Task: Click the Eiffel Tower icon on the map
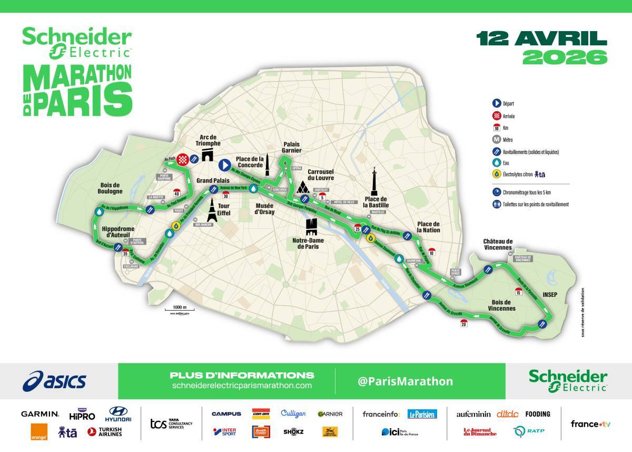(x=212, y=210)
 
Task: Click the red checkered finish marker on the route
(x=182, y=158)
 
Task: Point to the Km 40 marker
(x=176, y=193)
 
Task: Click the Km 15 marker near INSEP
(x=519, y=291)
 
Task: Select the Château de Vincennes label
(x=498, y=244)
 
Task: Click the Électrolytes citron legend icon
(x=496, y=174)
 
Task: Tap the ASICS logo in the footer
(x=55, y=380)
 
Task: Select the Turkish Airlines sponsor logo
(x=104, y=432)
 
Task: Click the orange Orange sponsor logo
(x=39, y=432)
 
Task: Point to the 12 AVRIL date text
(x=541, y=39)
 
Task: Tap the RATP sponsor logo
(x=529, y=431)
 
